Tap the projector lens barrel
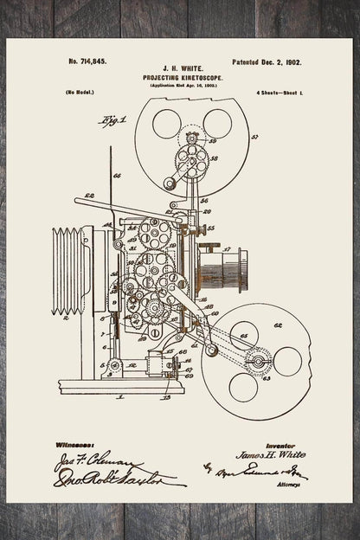223,269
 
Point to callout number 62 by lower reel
278,326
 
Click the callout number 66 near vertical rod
118,176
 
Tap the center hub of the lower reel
257,360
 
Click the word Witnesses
74,443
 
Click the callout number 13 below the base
166,397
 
